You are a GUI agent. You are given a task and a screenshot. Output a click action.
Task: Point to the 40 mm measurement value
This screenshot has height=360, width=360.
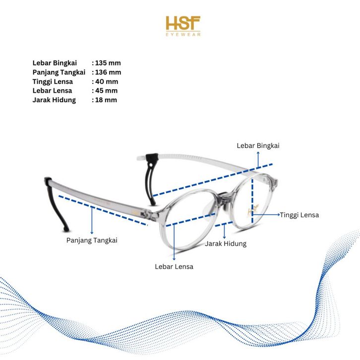pyautogui.click(x=107, y=82)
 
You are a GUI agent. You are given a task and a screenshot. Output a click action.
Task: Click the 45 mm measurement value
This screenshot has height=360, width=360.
pyautogui.click(x=107, y=91)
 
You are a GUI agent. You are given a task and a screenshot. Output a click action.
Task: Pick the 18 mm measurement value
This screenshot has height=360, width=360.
pyautogui.click(x=106, y=100)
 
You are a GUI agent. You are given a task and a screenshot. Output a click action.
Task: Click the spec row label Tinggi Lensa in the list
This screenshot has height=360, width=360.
pyautogui.click(x=53, y=82)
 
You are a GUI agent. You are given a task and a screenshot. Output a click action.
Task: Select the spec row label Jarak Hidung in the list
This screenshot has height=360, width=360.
pyautogui.click(x=54, y=100)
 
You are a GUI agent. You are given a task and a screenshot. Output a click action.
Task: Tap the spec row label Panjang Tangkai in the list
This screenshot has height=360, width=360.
pyautogui.click(x=59, y=72)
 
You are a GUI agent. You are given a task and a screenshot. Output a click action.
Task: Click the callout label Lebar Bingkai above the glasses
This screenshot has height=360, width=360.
pyautogui.click(x=258, y=145)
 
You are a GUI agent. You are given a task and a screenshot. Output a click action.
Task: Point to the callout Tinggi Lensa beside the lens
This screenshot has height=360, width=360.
pyautogui.click(x=299, y=215)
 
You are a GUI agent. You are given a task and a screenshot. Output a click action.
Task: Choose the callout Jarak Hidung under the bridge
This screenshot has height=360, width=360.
pyautogui.click(x=226, y=244)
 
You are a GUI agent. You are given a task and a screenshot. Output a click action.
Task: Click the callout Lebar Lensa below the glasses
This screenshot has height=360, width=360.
pyautogui.click(x=174, y=267)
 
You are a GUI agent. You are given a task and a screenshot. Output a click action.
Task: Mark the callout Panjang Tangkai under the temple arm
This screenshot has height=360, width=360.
pyautogui.click(x=92, y=240)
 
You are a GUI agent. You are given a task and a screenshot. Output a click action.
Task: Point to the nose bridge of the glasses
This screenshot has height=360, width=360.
pyautogui.click(x=226, y=197)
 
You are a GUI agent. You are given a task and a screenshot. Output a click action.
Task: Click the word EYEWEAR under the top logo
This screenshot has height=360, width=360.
pyautogui.click(x=183, y=34)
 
